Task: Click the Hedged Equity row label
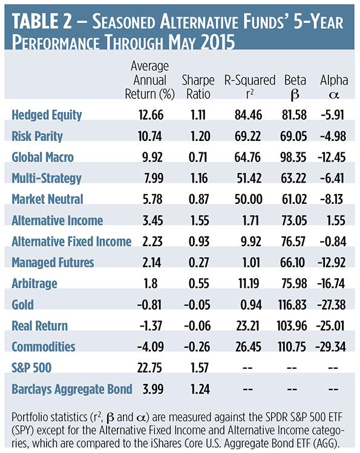(47, 115)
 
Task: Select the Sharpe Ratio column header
(198, 87)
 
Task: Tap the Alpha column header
(334, 87)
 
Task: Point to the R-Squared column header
(250, 87)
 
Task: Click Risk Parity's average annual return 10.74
(150, 136)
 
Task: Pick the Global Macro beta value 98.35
(293, 157)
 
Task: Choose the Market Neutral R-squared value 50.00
(249, 199)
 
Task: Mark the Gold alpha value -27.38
(332, 304)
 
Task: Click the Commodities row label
(44, 347)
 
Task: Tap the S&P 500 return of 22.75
(149, 368)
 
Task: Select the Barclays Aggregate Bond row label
(72, 389)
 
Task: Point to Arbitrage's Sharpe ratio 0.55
(199, 284)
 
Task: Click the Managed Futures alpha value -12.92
(332, 262)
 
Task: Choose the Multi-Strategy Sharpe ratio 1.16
(199, 178)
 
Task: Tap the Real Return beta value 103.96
(292, 325)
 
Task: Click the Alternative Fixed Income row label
(71, 241)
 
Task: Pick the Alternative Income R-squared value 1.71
(250, 220)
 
